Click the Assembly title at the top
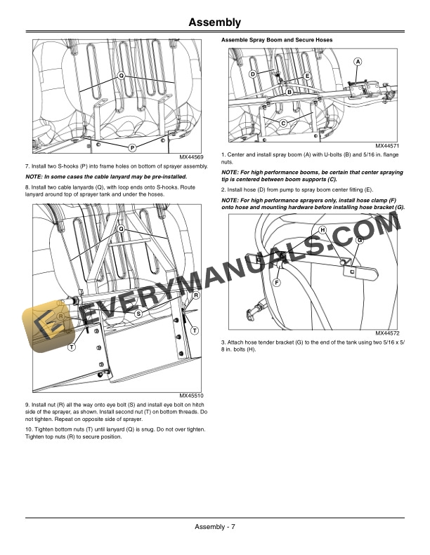pyautogui.click(x=214, y=22)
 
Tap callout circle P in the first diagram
pyautogui.click(x=132, y=147)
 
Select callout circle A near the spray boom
pyautogui.click(x=358, y=62)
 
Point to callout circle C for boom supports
pyautogui.click(x=283, y=123)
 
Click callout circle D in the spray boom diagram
pyautogui.click(x=253, y=74)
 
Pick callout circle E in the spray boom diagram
pyautogui.click(x=307, y=76)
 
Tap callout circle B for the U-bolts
pyautogui.click(x=289, y=92)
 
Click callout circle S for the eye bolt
pyautogui.click(x=138, y=313)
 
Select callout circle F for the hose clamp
pyautogui.click(x=276, y=282)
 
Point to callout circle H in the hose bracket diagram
pyautogui.click(x=322, y=230)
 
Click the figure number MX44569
pyautogui.click(x=191, y=157)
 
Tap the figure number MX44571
pyautogui.click(x=387, y=146)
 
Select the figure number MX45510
pyautogui.click(x=191, y=396)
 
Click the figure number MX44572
pyautogui.click(x=387, y=333)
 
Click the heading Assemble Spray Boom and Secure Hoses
pyautogui.click(x=277, y=40)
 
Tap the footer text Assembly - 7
pyautogui.click(x=215, y=527)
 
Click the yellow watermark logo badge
pyautogui.click(x=48, y=326)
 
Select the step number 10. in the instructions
pyautogui.click(x=29, y=429)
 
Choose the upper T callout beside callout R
pyautogui.click(x=195, y=330)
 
